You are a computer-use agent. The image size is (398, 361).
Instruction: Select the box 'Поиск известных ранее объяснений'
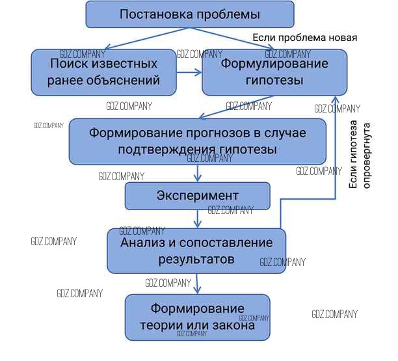point(104,72)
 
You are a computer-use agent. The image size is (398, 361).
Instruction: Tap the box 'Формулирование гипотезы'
point(274,72)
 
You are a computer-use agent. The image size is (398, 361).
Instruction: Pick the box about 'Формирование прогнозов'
point(197,140)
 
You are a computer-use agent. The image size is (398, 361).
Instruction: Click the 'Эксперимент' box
point(197,195)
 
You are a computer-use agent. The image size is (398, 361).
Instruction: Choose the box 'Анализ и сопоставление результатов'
point(196,250)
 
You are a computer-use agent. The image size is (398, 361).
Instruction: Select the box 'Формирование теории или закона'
point(198,317)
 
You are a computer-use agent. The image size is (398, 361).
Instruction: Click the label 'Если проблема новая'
point(304,38)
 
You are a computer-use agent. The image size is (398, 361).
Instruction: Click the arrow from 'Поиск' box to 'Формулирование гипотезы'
point(189,72)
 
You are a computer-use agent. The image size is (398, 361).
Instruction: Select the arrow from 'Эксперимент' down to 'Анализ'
point(197,219)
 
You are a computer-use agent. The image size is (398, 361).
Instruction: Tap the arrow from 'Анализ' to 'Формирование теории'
point(197,283)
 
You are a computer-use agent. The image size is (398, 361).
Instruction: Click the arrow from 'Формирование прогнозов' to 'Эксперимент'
point(197,173)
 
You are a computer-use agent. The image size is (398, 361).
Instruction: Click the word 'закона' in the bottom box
point(232,325)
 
